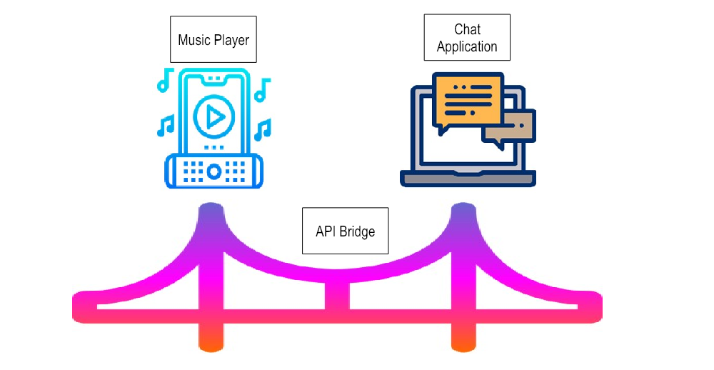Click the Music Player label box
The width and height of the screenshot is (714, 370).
pos(213,39)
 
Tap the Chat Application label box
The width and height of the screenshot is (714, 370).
pos(467,38)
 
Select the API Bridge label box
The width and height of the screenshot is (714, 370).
pos(346,231)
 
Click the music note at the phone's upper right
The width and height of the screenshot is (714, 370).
pos(262,90)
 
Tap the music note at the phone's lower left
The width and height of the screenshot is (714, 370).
pos(166,126)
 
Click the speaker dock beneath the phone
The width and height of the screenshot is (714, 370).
pos(213,171)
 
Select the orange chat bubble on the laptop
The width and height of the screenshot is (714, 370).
pos(467,101)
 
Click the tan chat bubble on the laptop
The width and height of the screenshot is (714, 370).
pos(511,126)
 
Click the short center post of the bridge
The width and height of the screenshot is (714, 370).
pos(337,293)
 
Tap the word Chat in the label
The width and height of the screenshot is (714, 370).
pos(467,29)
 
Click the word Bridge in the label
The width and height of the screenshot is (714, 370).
pos(358,231)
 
